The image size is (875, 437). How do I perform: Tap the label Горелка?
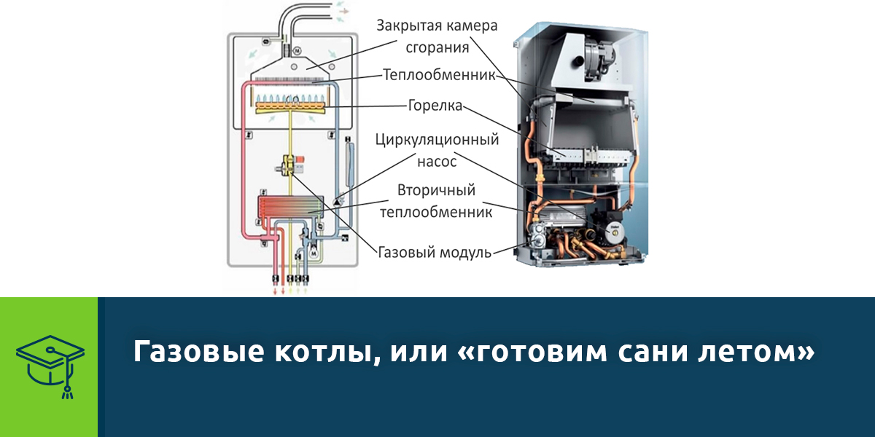pyautogui.click(x=435, y=106)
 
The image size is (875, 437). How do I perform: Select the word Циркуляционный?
pyautogui.click(x=437, y=138)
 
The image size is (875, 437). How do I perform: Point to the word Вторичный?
pyautogui.click(x=437, y=191)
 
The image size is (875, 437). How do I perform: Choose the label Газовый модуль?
pyautogui.click(x=435, y=253)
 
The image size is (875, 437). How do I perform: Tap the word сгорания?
pyautogui.click(x=437, y=47)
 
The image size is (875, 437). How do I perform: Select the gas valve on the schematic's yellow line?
pyautogui.click(x=291, y=165)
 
